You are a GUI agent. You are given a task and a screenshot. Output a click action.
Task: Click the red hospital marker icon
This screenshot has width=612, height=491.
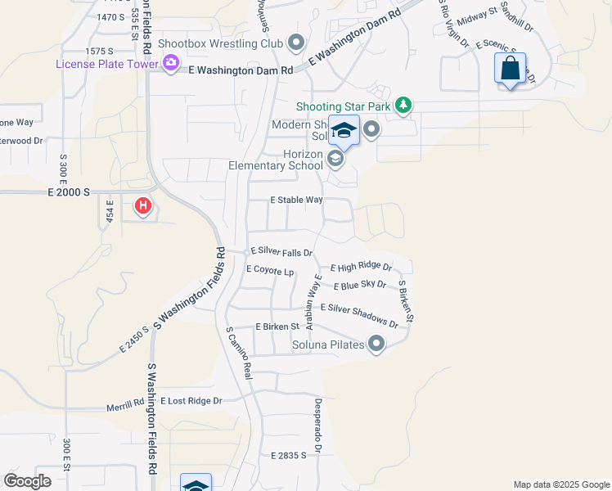click(143, 205)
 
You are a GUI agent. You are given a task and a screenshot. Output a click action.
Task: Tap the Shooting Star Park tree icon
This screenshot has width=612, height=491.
click(403, 106)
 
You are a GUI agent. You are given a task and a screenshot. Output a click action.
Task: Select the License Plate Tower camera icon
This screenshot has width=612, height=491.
click(171, 63)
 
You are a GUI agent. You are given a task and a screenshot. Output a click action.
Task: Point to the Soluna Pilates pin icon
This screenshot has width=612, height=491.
click(376, 345)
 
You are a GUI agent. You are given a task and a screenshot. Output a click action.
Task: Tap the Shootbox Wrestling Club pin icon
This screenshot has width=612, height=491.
click(296, 43)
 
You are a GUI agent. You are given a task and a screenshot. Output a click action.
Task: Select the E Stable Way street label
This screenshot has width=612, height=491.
click(297, 200)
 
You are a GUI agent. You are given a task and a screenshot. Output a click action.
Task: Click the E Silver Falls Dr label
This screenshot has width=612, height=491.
click(281, 251)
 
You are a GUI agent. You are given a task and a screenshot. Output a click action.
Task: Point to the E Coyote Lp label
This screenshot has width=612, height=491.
click(269, 269)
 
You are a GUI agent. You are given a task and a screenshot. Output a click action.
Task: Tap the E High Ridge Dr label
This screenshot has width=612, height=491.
click(361, 268)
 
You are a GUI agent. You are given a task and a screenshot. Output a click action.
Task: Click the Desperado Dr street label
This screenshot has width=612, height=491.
click(318, 426)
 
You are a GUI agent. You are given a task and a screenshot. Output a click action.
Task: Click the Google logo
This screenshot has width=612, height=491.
click(28, 481)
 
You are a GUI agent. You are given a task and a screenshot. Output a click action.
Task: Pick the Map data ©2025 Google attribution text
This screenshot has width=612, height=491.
click(560, 484)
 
